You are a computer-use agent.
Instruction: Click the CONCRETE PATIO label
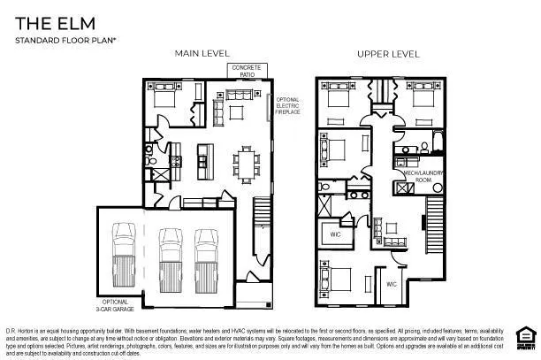[245, 71]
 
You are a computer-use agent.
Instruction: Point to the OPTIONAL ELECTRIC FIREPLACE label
[288, 106]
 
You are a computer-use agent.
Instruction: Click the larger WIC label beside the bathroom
[336, 235]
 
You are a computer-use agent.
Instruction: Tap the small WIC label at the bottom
[391, 284]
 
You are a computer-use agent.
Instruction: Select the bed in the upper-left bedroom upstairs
[338, 101]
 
